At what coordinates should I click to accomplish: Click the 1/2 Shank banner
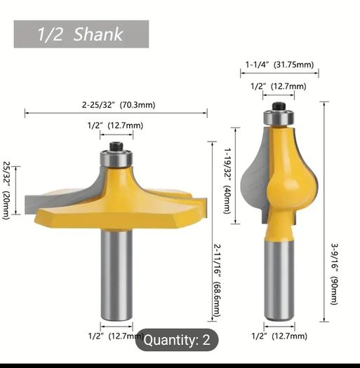click(81, 34)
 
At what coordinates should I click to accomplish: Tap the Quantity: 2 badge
click(177, 340)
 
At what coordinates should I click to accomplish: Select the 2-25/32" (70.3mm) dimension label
click(119, 104)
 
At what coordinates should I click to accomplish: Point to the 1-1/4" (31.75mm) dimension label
click(279, 64)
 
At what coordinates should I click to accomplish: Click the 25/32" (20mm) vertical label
click(6, 191)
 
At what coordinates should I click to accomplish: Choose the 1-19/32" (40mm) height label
click(227, 181)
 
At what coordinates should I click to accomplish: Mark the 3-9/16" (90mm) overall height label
click(335, 273)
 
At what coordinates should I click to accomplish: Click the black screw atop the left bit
click(116, 146)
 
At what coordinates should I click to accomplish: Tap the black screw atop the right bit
click(279, 107)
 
